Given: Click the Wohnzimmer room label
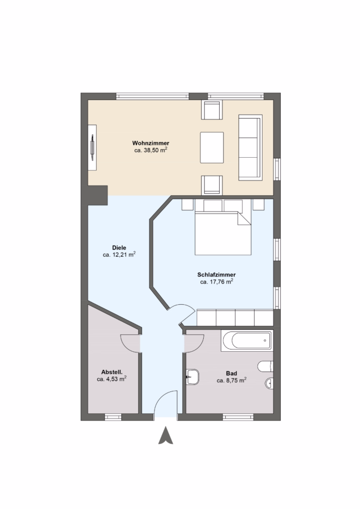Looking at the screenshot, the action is point(151,143).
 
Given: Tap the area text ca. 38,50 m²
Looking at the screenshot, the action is point(151,150).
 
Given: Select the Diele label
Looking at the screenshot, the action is point(119,248).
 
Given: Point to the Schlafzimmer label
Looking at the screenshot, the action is point(216,275).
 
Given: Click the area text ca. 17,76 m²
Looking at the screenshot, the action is point(216,282).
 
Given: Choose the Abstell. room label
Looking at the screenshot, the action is point(112,372).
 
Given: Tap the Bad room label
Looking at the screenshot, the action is point(232,373).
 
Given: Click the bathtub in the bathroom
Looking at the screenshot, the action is point(247,340).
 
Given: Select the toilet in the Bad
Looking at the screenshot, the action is point(265,366).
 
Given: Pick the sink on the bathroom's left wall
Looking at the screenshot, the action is point(192,377).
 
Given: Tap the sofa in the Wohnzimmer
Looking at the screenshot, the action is point(250,147).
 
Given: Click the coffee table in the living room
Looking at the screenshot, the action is point(212,148).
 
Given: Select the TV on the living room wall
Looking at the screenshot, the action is point(93,147).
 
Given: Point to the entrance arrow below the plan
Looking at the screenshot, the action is point(166,435).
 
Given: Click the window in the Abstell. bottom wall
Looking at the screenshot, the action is point(113,417).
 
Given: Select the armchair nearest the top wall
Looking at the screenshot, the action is point(212,110).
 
